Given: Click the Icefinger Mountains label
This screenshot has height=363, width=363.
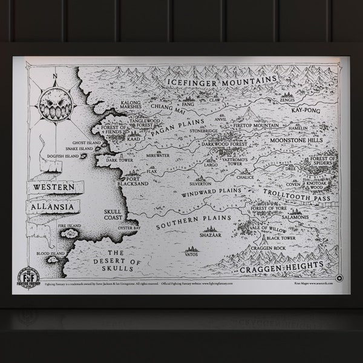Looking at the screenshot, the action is pos(222,80).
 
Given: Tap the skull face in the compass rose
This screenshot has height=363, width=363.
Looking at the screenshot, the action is pos(55,106).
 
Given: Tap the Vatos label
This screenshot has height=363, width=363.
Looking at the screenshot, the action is pos(192,255).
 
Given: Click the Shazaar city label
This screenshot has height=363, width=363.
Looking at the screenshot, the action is pos(210,235).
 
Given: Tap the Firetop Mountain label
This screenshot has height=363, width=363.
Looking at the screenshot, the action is pos(256,125).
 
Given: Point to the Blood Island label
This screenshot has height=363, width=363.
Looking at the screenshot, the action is pos(51,253).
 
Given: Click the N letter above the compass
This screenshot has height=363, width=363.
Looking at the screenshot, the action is pos(55,75).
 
